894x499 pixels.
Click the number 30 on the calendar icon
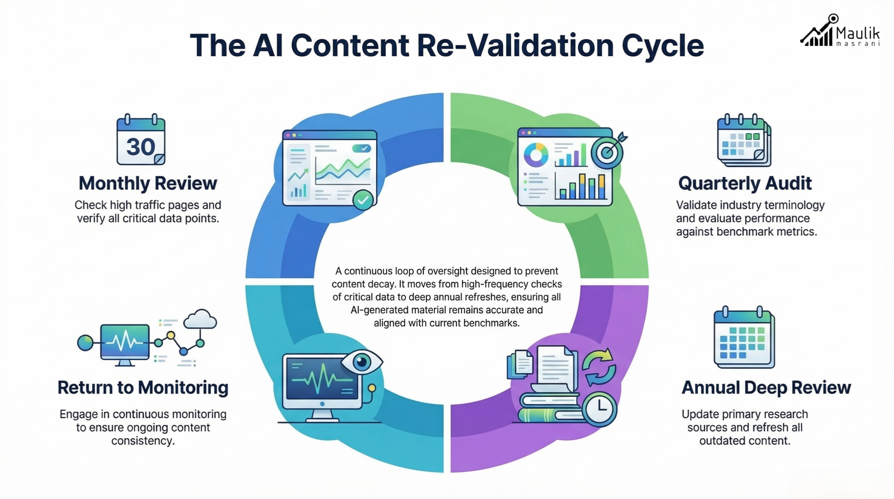pyautogui.click(x=140, y=147)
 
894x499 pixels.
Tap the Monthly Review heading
pyautogui.click(x=148, y=183)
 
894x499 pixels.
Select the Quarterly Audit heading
pyautogui.click(x=745, y=183)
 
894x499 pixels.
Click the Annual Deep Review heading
pyautogui.click(x=766, y=388)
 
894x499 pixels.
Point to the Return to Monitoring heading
pyautogui.click(x=143, y=388)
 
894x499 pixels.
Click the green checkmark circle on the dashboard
pyautogui.click(x=363, y=200)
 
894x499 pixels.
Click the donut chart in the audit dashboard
pyautogui.click(x=536, y=155)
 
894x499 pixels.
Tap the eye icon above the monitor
pyautogui.click(x=361, y=361)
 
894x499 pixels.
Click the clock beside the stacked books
pyautogui.click(x=600, y=409)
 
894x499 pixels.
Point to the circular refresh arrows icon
pyautogui.click(x=599, y=367)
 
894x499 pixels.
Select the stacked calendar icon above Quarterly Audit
pyautogui.click(x=743, y=140)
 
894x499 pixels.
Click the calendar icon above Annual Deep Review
pyautogui.click(x=744, y=337)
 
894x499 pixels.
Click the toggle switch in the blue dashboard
pyautogui.click(x=361, y=148)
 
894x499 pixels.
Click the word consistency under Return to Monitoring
pyautogui.click(x=143, y=441)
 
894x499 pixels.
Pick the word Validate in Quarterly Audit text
pyautogui.click(x=693, y=205)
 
